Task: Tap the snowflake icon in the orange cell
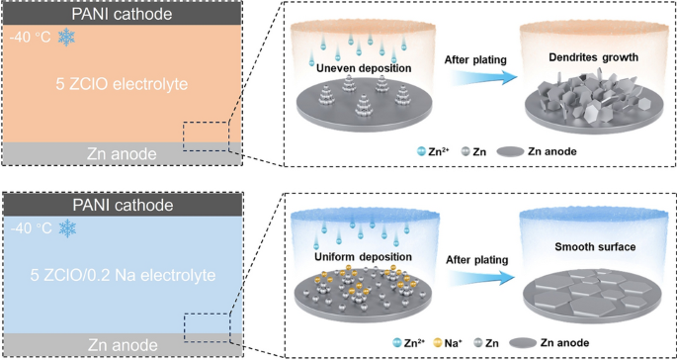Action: click(67, 37)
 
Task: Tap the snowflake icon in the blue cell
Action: click(67, 228)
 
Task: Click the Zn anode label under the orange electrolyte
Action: click(116, 153)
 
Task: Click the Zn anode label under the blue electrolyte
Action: click(116, 344)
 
